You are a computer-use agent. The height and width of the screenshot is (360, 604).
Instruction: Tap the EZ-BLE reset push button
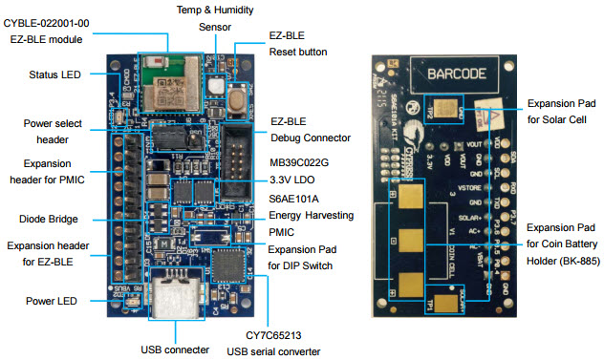217,85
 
